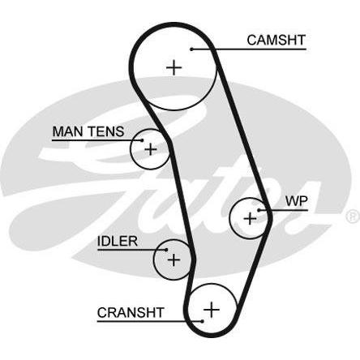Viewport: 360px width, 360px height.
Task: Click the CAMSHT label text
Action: (x=276, y=40)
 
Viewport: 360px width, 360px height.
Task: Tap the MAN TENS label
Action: (x=88, y=131)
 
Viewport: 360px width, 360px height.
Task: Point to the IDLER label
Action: (x=118, y=241)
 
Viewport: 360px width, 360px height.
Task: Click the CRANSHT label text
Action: (x=131, y=313)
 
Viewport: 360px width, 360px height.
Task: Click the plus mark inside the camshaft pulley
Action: (x=174, y=67)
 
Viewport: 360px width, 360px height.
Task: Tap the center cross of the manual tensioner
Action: (x=151, y=149)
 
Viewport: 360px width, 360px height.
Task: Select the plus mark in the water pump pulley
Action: (x=250, y=218)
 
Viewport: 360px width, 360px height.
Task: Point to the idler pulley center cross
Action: (x=174, y=259)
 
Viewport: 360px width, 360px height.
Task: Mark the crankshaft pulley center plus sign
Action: (x=212, y=310)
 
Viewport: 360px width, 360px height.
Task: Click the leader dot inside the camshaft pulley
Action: (x=191, y=49)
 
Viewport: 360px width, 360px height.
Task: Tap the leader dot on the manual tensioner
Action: (x=142, y=140)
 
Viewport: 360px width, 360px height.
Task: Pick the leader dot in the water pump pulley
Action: (x=259, y=210)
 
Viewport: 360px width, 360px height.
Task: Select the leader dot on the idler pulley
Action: (x=166, y=250)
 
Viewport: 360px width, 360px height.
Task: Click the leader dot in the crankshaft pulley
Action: (x=202, y=321)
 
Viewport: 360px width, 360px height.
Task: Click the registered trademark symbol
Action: (x=353, y=216)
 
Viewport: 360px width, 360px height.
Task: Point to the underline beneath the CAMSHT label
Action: (x=249, y=49)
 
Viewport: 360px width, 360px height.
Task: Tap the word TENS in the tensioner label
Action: (x=106, y=131)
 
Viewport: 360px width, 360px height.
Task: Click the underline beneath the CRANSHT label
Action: (x=150, y=321)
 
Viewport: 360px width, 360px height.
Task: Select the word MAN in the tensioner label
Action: (x=68, y=131)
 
